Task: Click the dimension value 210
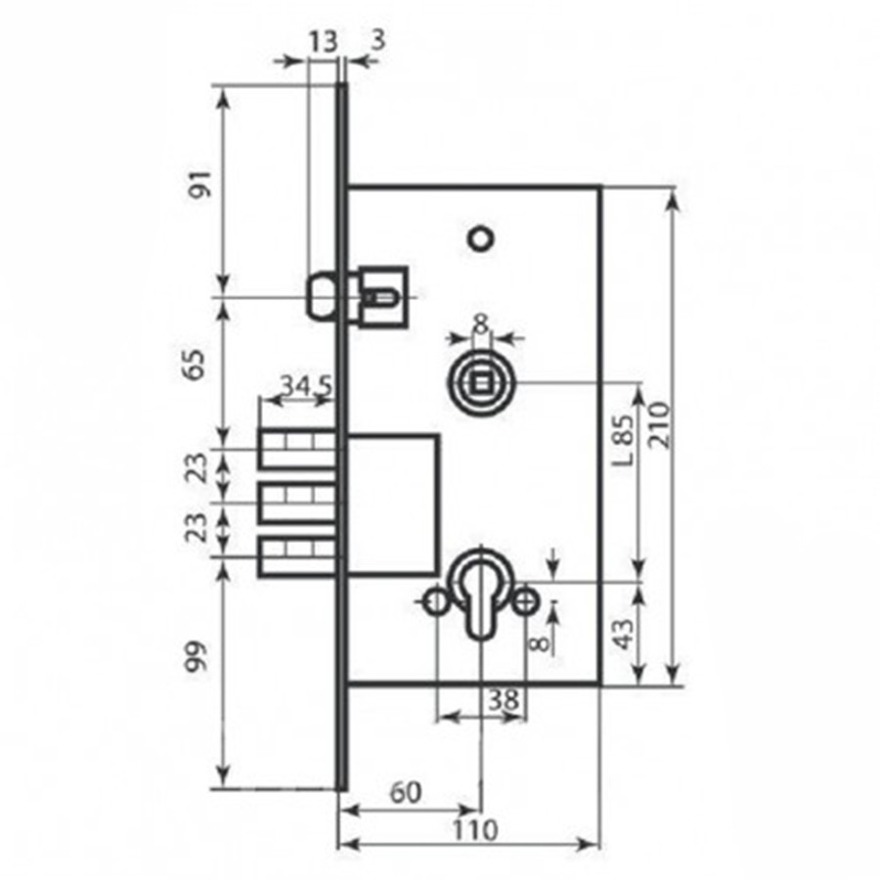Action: point(659,425)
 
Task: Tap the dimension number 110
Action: point(475,830)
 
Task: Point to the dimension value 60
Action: point(405,793)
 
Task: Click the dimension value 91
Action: point(200,184)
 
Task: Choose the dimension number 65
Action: point(196,365)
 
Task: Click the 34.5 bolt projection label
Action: point(306,386)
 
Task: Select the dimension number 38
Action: point(504,699)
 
